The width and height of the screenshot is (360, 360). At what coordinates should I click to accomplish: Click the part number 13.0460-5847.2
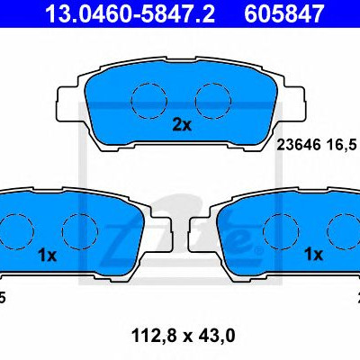coord(130,13)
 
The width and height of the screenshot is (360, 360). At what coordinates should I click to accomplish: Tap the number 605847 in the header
coord(283,13)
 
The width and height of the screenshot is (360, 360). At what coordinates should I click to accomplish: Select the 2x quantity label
coord(182,125)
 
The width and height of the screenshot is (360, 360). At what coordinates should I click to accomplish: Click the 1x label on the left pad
coord(47,256)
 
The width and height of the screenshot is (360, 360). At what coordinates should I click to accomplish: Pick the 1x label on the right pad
coord(313,255)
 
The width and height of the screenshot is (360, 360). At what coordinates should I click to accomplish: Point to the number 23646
coord(299,146)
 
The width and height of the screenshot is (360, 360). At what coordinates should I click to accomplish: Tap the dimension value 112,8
coord(154,336)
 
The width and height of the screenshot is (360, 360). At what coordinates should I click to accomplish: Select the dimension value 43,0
coord(215,336)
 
